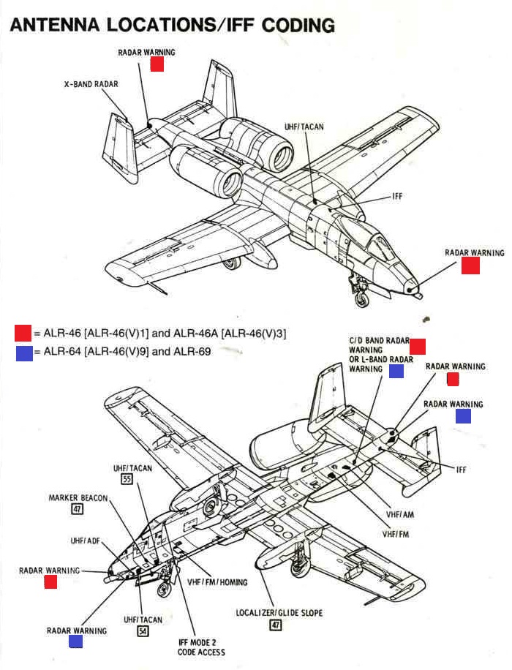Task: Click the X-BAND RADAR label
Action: pos(91,85)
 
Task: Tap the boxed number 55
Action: pos(127,480)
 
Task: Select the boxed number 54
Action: pos(143,631)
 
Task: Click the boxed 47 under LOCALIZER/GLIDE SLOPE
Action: pos(276,625)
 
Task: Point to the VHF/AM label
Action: pos(400,514)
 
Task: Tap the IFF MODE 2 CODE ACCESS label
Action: pos(201,647)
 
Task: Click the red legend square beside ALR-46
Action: pos(23,334)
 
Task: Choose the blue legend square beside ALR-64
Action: pos(23,352)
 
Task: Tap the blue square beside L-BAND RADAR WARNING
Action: pos(396,371)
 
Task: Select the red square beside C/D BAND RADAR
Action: pos(418,346)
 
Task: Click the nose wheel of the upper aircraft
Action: pos(361,298)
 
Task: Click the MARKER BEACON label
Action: pos(78,498)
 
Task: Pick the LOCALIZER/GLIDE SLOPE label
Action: pos(279,613)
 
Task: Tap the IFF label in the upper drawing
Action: pos(397,196)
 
